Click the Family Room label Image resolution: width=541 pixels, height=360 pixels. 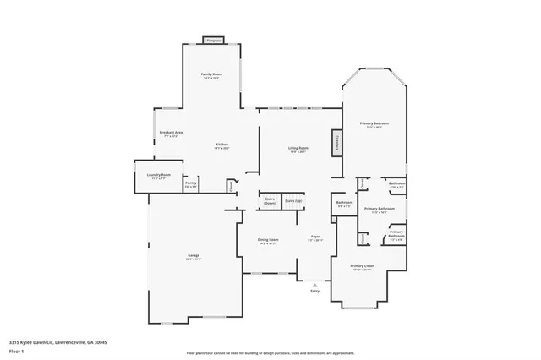[x=211, y=74]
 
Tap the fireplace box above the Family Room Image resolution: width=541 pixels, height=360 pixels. [x=215, y=40]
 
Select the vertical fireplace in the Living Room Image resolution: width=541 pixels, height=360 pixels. [x=336, y=142]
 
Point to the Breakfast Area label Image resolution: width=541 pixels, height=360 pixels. [x=172, y=133]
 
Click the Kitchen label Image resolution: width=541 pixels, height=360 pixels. [x=221, y=145]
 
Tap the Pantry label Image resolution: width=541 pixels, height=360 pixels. [x=191, y=183]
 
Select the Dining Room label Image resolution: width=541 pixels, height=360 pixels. [x=268, y=239]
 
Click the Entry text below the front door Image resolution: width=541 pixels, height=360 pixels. [x=314, y=291]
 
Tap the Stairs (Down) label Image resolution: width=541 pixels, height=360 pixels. [x=270, y=201]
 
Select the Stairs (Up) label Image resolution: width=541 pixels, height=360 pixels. [x=292, y=201]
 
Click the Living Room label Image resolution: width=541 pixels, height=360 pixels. [x=298, y=148]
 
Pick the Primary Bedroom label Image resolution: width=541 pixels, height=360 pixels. [x=374, y=123]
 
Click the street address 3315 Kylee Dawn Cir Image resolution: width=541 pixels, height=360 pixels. [x=58, y=342]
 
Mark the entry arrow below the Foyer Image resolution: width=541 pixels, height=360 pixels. [x=314, y=283]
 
